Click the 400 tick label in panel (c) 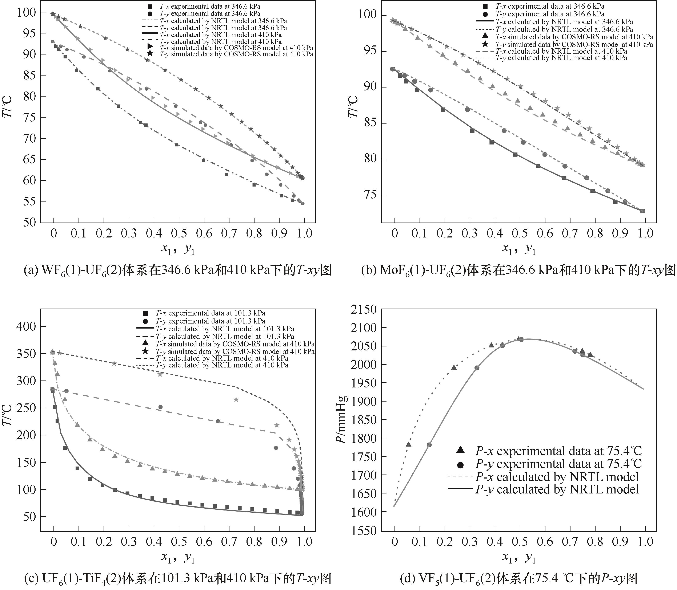pyautogui.click(x=26, y=326)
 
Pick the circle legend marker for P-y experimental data pyautogui.click(x=461, y=465)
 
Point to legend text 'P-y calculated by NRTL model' pyautogui.click(x=557, y=489)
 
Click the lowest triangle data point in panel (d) pyautogui.click(x=409, y=444)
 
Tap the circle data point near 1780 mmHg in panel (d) pyautogui.click(x=429, y=445)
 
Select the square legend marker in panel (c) pyautogui.click(x=145, y=313)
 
